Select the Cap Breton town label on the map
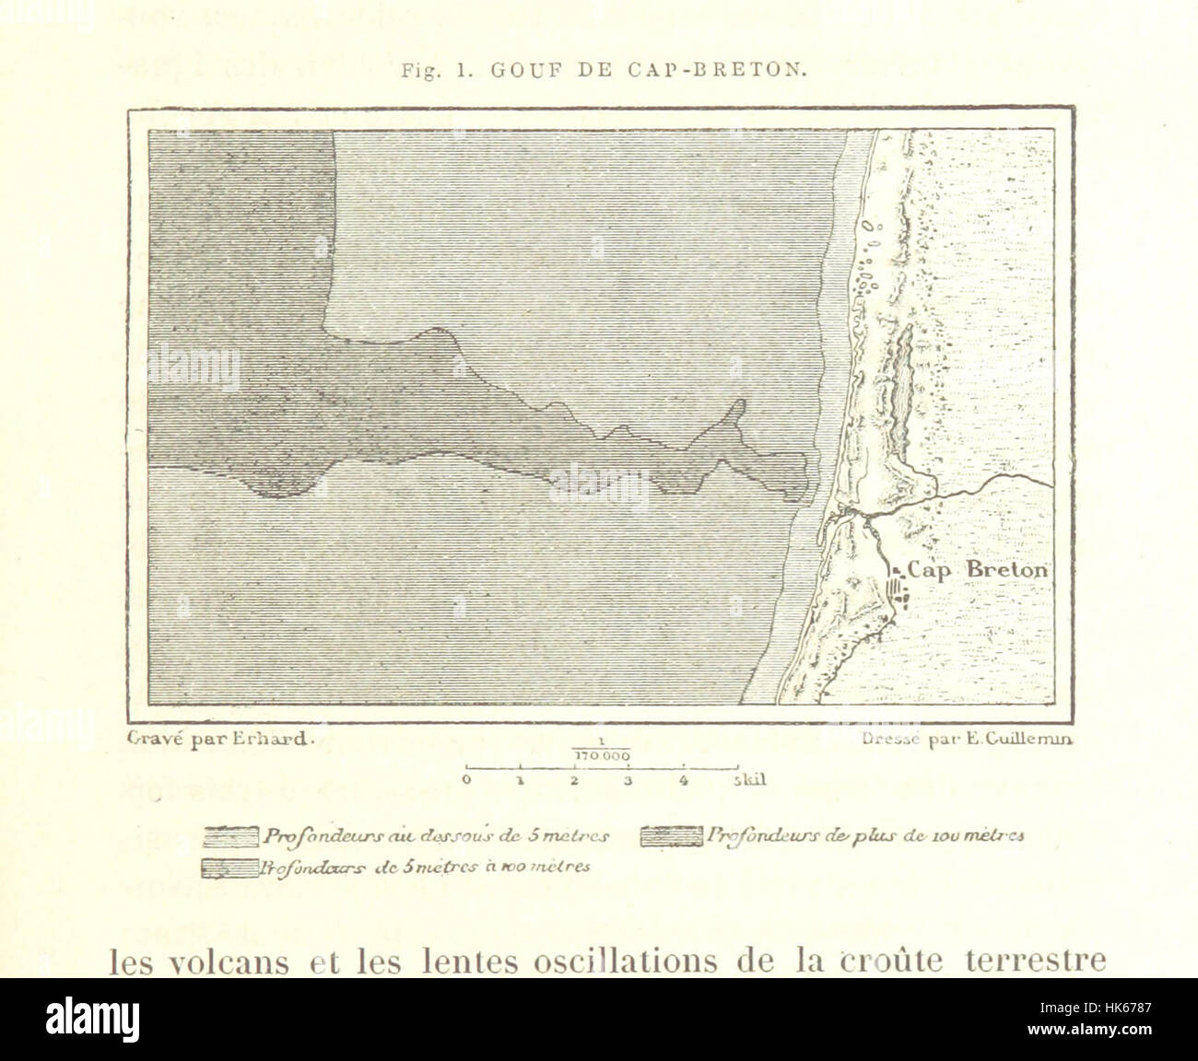click(978, 570)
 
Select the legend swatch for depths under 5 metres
click(231, 837)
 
